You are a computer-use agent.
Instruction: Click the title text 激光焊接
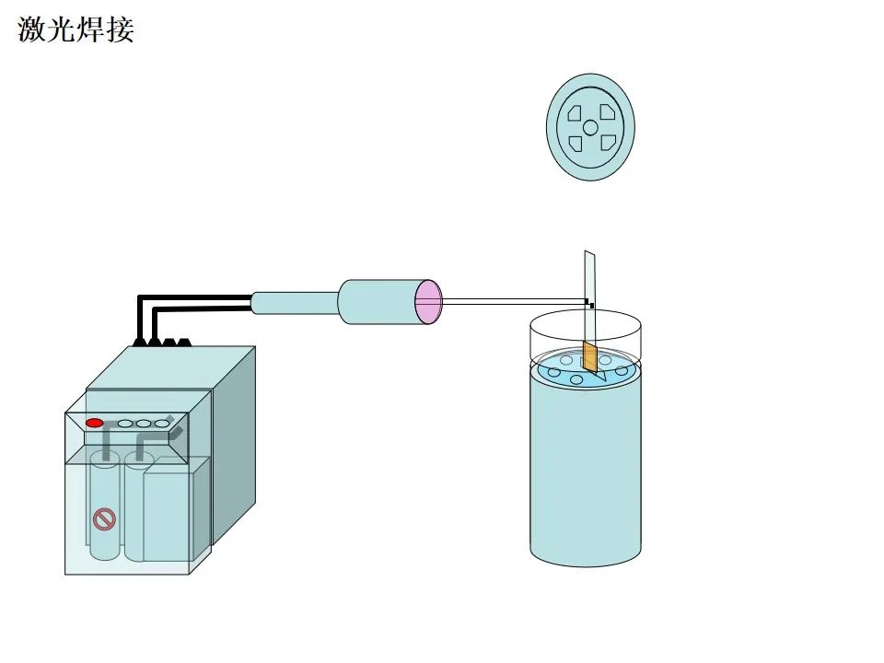76,29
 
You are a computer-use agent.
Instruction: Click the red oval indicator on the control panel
94,423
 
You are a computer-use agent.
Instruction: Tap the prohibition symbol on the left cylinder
105,520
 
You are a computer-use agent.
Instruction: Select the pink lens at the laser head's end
429,301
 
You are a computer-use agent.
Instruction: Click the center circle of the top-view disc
590,128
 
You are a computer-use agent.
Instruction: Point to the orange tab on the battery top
589,358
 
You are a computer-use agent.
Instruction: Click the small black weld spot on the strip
590,304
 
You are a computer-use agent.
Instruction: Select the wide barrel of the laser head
378,301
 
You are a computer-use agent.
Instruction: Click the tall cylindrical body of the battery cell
585,470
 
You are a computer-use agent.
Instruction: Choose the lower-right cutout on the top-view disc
607,144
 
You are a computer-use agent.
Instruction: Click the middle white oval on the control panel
143,424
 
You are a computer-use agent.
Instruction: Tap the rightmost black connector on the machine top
184,342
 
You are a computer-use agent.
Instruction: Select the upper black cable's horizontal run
193,297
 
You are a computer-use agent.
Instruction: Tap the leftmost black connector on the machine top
140,342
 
